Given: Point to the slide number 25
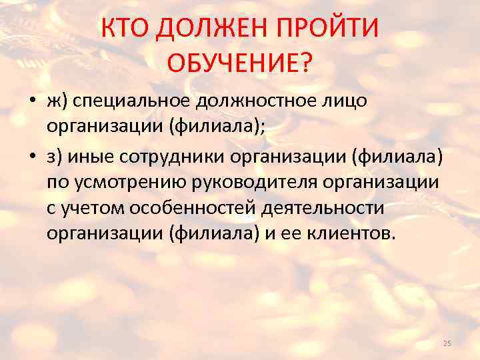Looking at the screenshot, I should pos(447,343).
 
